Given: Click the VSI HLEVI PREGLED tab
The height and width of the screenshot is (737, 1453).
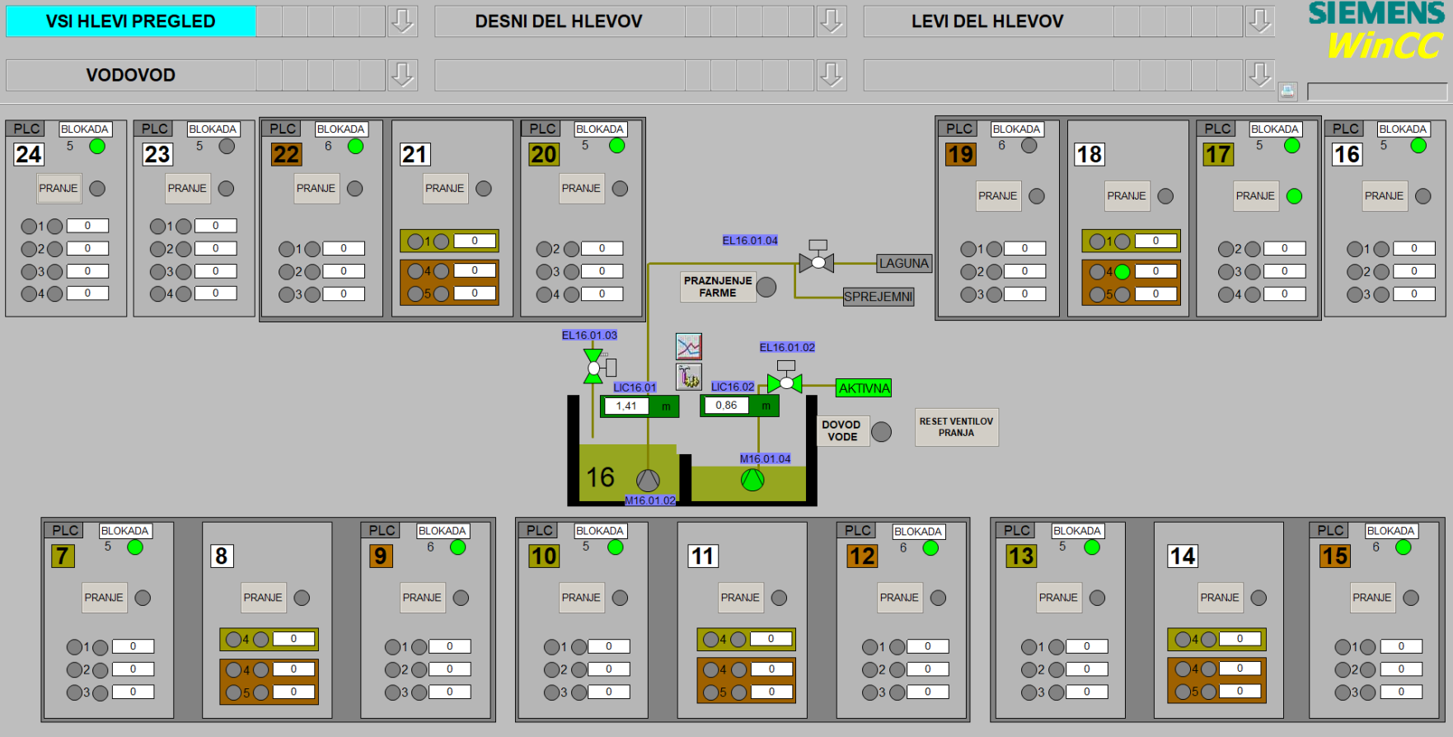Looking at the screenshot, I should [131, 21].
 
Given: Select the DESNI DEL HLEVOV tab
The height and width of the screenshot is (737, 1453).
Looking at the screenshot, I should [559, 21].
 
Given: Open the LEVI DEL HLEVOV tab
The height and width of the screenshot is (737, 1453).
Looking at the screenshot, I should [987, 21].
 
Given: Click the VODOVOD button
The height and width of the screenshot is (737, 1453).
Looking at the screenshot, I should [131, 75].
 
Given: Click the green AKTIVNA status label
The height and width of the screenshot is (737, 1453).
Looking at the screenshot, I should [864, 388].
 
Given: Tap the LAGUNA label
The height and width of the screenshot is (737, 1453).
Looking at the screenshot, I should [903, 264].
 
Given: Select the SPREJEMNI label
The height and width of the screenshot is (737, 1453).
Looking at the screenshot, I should [878, 297].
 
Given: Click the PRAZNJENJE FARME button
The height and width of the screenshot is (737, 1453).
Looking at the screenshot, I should [718, 287].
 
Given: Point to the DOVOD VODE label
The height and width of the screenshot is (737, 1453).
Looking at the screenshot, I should [841, 430].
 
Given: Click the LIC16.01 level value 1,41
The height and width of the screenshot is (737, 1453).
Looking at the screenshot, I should [626, 406].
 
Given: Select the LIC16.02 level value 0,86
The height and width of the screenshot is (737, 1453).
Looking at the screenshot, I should [726, 406].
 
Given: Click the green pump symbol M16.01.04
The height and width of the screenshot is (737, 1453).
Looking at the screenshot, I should [752, 480].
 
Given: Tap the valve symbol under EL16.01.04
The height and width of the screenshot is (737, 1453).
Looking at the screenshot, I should [818, 262].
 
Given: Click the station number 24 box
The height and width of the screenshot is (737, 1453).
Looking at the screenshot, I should [29, 154].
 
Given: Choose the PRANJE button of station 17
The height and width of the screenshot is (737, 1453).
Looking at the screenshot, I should [1255, 196].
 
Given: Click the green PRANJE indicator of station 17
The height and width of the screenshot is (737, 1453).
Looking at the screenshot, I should [1294, 196].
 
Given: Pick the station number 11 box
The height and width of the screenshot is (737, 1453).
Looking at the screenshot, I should [703, 556].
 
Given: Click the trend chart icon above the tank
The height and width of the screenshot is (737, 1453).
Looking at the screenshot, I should [688, 346].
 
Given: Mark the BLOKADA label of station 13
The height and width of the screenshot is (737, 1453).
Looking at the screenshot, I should [1076, 531].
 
